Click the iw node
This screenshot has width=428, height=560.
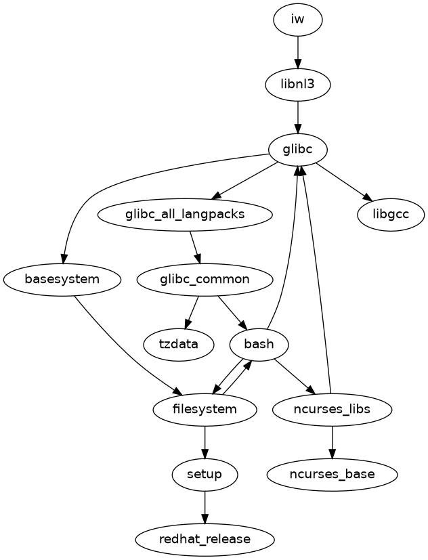pos(298,20)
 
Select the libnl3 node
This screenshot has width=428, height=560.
pos(298,84)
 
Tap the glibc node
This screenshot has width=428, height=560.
pos(298,149)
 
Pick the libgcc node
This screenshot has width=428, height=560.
pos(391,215)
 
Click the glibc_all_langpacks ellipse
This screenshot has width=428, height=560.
pos(185,215)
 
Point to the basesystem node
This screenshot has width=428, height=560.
pos(62,279)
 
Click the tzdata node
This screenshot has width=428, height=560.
pos(179,344)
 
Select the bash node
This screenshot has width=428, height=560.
pos(259,344)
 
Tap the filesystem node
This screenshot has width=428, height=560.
pos(205,409)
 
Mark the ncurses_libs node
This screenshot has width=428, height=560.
pos(332,409)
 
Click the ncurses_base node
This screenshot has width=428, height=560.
pos(332,474)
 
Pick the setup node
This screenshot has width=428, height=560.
pos(205,474)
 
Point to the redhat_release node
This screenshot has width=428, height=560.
pos(205,539)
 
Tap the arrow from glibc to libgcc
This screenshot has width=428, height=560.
pos(343,181)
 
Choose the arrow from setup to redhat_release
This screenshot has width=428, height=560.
pos(205,507)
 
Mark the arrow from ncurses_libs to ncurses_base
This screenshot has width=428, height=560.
pos(332,441)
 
